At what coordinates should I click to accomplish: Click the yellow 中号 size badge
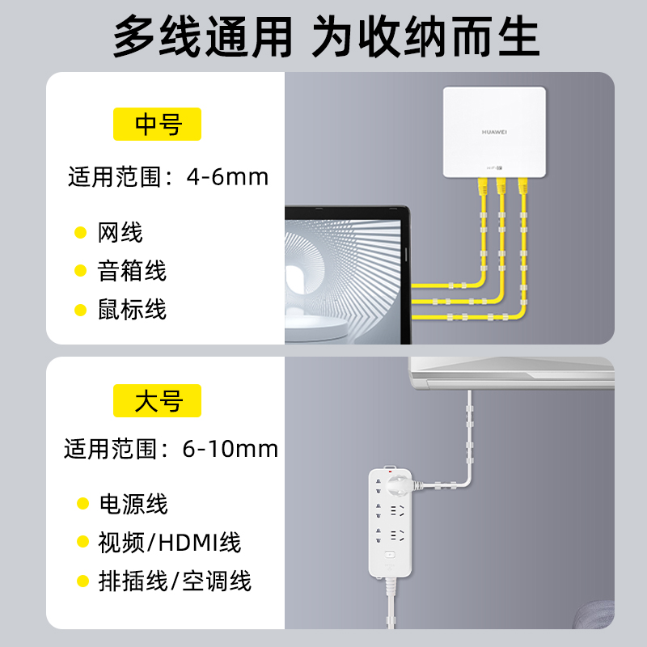pos(157,125)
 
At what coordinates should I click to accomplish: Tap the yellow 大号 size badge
pos(157,400)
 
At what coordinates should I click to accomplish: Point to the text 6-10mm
pos(230,449)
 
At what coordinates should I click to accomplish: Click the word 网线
pos(120,233)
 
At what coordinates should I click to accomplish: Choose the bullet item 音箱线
pos(132,271)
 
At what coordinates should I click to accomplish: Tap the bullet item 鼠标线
pos(132,309)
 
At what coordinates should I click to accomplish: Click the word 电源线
pos(133,504)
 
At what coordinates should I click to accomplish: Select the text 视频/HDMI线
pos(170,542)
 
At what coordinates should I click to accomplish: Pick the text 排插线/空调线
pos(175,580)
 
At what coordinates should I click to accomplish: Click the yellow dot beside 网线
pos(80,233)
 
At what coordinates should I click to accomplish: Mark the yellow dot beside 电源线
pos(82,504)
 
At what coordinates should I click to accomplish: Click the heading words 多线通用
pos(202,36)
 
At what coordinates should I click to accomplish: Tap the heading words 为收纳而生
pos(425,36)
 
